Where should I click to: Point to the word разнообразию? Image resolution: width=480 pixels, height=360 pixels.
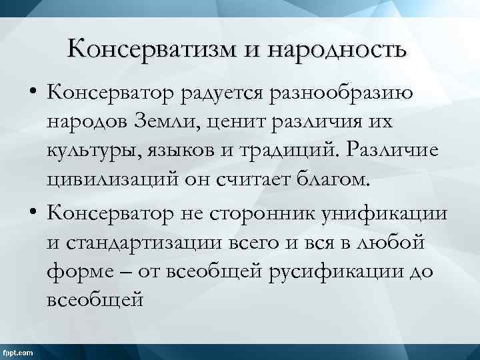click(342, 95)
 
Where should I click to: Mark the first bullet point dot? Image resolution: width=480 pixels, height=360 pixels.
click(33, 95)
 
